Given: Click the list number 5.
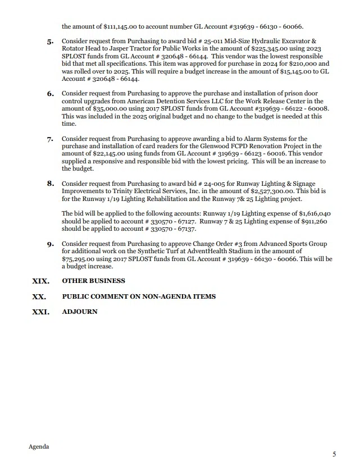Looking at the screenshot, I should click(50, 42).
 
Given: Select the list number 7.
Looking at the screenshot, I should click(50, 139).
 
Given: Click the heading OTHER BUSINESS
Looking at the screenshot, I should click(93, 281).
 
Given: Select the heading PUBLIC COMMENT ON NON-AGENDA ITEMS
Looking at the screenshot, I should click(139, 296).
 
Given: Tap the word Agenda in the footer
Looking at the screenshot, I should click(39, 446).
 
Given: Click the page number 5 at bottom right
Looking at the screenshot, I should click(334, 454).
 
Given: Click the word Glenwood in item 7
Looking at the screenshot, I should click(194, 146).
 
